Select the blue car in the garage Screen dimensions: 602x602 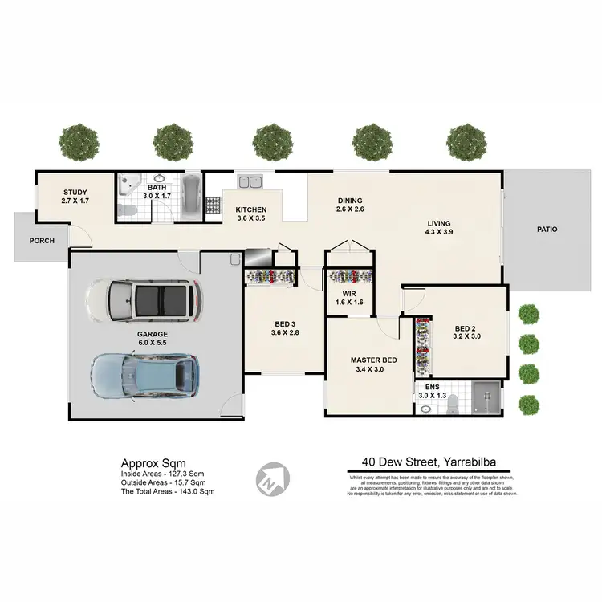click(x=144, y=374)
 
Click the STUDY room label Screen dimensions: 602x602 click(x=75, y=192)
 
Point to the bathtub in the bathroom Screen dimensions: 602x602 click(x=192, y=197)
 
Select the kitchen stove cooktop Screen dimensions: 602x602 click(x=214, y=205)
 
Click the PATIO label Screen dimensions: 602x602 click(x=547, y=229)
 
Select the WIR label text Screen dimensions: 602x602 click(x=349, y=294)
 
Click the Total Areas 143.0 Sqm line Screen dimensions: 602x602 click(x=167, y=491)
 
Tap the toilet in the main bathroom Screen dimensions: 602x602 click(x=126, y=210)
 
